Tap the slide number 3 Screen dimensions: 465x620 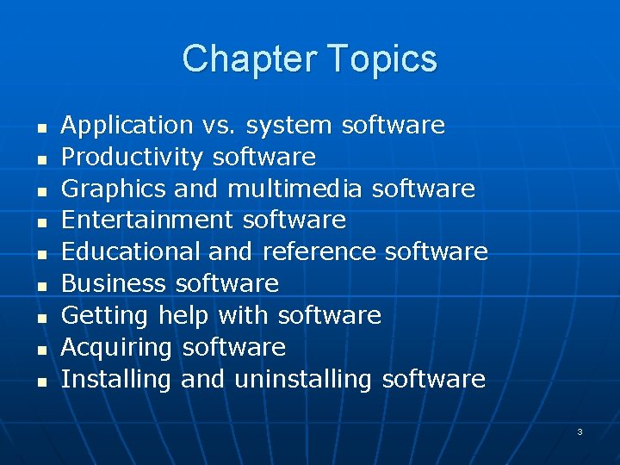(x=580, y=431)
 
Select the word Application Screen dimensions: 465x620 (x=127, y=126)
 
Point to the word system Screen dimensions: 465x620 (x=288, y=126)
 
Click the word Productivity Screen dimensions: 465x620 (x=133, y=158)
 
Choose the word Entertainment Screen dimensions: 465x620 (x=147, y=220)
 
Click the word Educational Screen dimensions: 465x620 (x=131, y=252)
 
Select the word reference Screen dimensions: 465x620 (x=319, y=252)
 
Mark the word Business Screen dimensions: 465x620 (x=114, y=283)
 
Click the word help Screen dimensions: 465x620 (x=183, y=316)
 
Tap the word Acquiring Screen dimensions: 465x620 (x=117, y=347)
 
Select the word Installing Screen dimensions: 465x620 (x=117, y=379)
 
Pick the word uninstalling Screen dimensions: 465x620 (x=303, y=379)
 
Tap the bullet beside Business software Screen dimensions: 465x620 (x=40, y=285)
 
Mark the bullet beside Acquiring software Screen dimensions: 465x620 (x=40, y=349)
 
